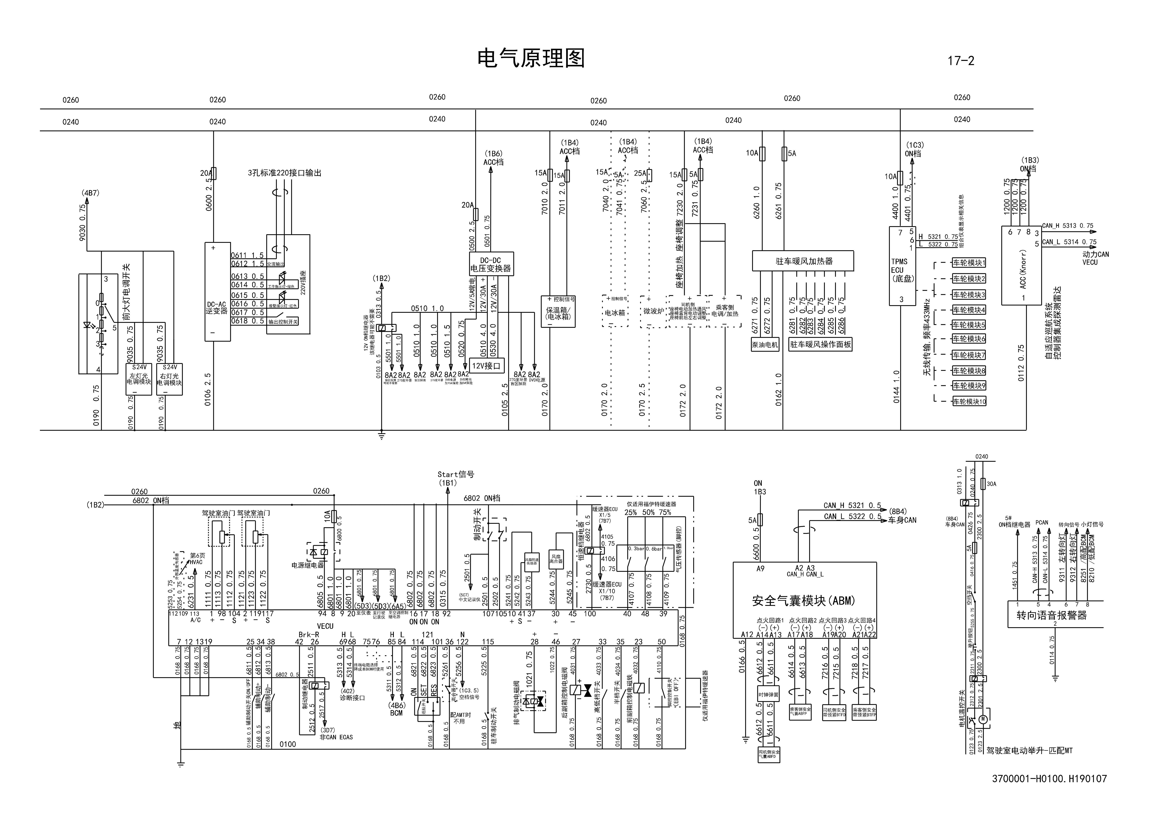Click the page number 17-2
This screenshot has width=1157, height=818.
click(960, 61)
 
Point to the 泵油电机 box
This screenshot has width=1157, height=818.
click(765, 345)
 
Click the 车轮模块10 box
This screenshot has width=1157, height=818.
click(969, 401)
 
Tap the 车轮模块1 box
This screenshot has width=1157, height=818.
click(969, 263)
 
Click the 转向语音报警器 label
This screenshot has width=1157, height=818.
click(1051, 615)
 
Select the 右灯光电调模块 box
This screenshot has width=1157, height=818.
click(169, 379)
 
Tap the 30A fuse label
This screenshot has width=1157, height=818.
click(991, 484)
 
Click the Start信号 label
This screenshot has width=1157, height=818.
click(455, 474)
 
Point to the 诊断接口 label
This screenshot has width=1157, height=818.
click(352, 698)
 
